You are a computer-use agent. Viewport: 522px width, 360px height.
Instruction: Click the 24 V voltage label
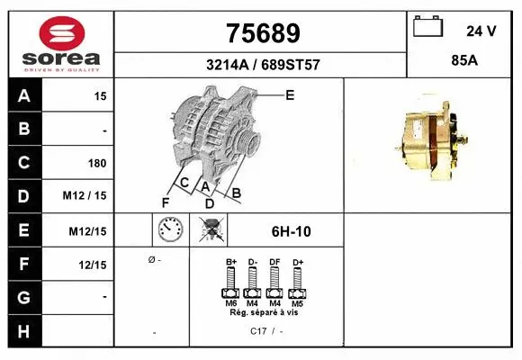pos(481,31)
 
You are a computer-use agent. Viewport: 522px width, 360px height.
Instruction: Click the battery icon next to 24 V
pos(427,29)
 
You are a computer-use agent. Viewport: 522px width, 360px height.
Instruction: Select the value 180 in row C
pos(96,163)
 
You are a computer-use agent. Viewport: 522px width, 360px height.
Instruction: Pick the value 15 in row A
pos(100,95)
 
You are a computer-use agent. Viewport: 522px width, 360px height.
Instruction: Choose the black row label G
pos(24,296)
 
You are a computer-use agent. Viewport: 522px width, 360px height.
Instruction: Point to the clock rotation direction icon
pos(169,230)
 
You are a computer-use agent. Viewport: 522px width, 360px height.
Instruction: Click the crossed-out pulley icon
pos(212,230)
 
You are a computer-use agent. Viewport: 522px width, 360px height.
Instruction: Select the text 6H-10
pos(291,231)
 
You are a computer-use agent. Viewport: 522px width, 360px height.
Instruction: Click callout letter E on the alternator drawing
pos(290,94)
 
